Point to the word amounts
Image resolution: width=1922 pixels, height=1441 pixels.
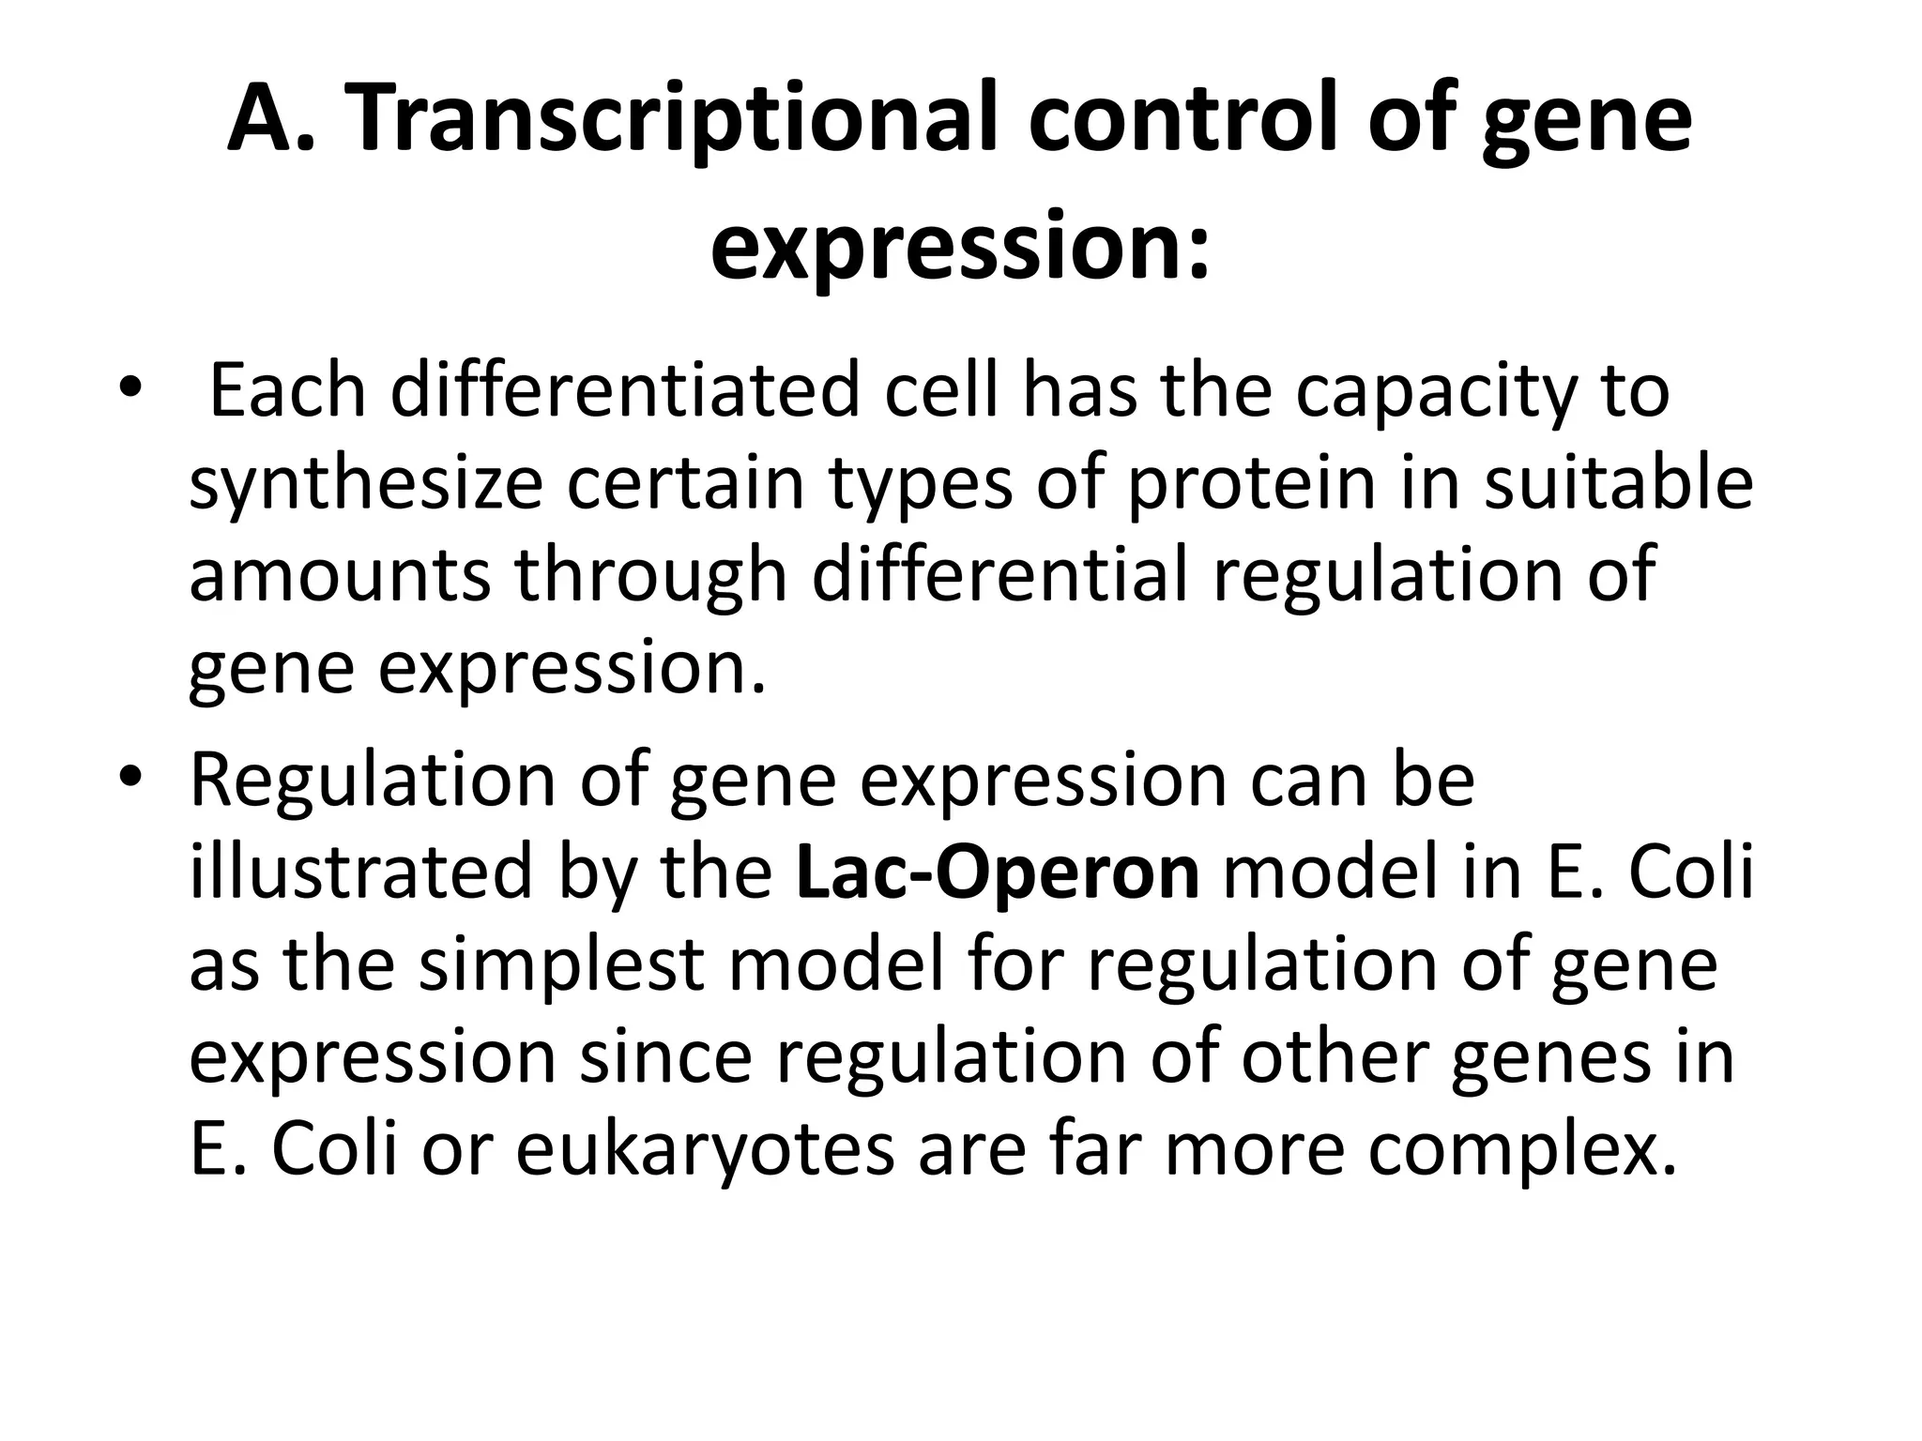(x=339, y=575)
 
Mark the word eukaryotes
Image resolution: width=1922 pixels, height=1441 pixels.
(x=705, y=1151)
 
